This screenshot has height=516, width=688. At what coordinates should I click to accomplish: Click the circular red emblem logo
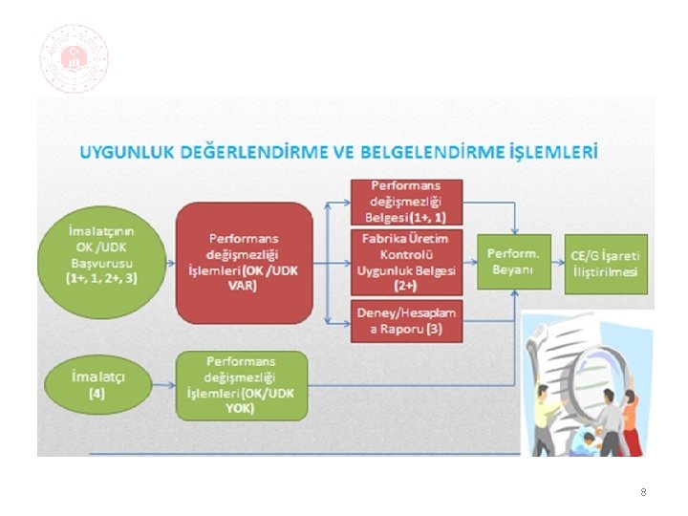coord(74,58)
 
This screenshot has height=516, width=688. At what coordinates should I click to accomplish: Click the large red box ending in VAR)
coord(244,263)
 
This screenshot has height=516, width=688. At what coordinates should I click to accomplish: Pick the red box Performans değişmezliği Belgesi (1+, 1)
coord(405,201)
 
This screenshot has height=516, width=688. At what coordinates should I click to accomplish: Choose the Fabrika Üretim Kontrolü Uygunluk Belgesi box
coord(405,261)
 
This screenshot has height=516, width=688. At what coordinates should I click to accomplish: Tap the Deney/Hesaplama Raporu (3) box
coord(405,322)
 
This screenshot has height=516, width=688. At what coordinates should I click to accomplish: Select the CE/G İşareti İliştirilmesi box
coord(605,262)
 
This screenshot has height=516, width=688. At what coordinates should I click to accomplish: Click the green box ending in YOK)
coord(242,385)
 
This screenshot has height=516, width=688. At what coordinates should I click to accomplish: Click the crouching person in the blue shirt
coord(585,441)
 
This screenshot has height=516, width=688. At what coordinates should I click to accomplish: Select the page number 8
coord(643,492)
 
